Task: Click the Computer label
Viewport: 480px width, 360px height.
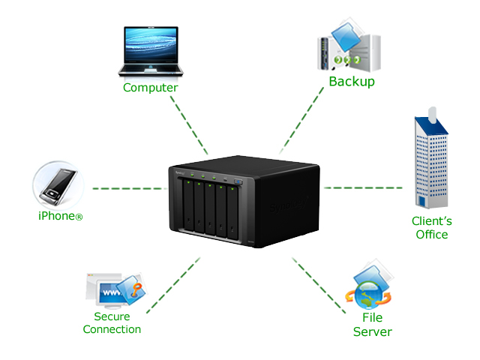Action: click(x=150, y=88)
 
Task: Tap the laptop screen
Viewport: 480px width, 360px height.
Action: click(x=151, y=44)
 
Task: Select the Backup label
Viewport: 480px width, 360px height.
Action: click(x=352, y=82)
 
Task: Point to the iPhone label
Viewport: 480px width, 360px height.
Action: click(x=60, y=216)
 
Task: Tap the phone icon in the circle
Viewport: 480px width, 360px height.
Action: click(x=58, y=186)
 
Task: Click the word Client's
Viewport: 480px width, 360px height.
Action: click(x=432, y=220)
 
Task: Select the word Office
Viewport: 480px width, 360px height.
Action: click(x=432, y=235)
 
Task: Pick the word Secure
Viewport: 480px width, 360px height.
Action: click(x=112, y=316)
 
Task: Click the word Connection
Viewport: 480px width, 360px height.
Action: click(x=112, y=329)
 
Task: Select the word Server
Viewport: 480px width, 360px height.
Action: click(x=373, y=331)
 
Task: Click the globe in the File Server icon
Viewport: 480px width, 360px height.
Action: click(x=369, y=295)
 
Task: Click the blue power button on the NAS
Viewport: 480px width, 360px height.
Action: click(x=238, y=181)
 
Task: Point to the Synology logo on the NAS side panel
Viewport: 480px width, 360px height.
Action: click(x=289, y=205)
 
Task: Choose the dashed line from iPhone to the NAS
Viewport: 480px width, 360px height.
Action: click(x=130, y=188)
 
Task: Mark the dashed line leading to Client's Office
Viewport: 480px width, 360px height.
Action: click(x=363, y=187)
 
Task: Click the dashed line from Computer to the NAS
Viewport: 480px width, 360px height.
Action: click(x=189, y=125)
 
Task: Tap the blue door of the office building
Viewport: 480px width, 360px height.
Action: click(x=422, y=202)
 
